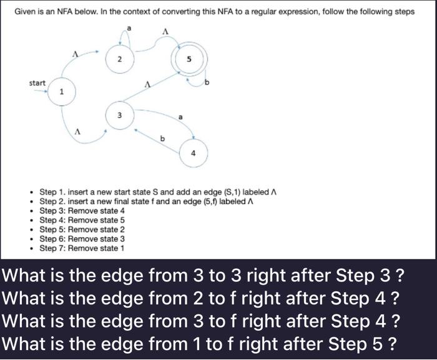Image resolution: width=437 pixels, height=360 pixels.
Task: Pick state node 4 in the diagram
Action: [x=194, y=152]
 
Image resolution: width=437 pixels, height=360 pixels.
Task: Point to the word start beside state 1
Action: [x=37, y=83]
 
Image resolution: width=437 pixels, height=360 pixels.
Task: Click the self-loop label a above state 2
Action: [x=130, y=28]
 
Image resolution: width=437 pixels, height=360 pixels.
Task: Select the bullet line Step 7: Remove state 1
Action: [x=82, y=248]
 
